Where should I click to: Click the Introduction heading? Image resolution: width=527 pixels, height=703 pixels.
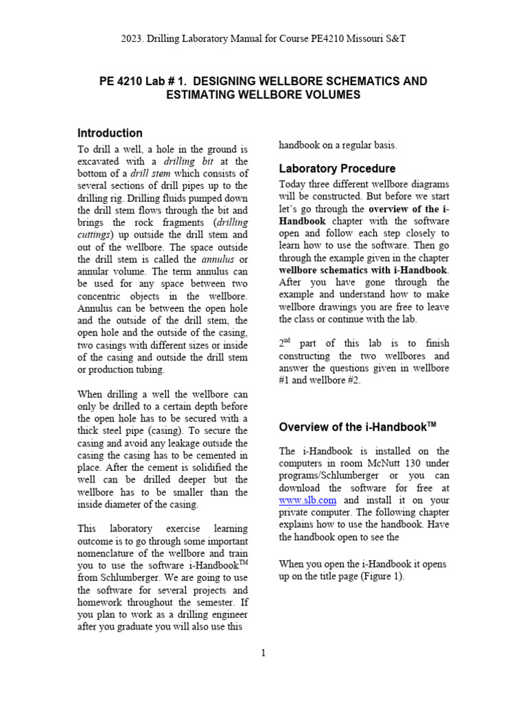[110, 133]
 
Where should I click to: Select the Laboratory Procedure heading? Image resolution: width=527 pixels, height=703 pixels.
[337, 169]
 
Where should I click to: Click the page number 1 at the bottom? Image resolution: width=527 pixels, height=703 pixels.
[263, 652]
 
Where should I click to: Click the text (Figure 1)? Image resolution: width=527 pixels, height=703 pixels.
[380, 576]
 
